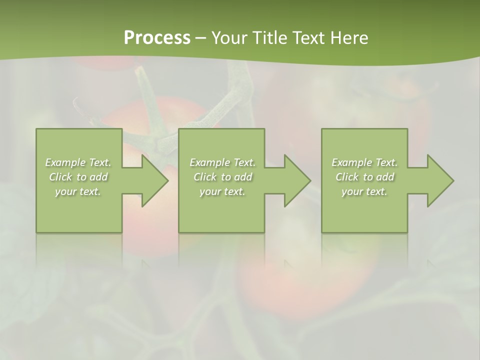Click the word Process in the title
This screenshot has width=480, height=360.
[157, 38]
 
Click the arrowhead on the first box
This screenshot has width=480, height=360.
[152, 180]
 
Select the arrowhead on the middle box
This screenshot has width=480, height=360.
[295, 180]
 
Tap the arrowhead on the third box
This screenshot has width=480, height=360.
[438, 180]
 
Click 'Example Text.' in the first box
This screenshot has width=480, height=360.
[78, 162]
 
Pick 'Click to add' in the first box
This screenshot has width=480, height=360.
[78, 177]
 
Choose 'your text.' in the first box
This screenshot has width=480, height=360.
[78, 191]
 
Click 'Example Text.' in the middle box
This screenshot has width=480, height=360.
[222, 162]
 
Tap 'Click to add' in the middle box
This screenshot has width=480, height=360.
[222, 177]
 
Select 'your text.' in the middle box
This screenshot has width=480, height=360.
[222, 191]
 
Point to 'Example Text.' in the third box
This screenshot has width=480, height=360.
[364, 162]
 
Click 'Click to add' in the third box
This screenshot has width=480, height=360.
[364, 177]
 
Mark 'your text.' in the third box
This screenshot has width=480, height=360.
[364, 191]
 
